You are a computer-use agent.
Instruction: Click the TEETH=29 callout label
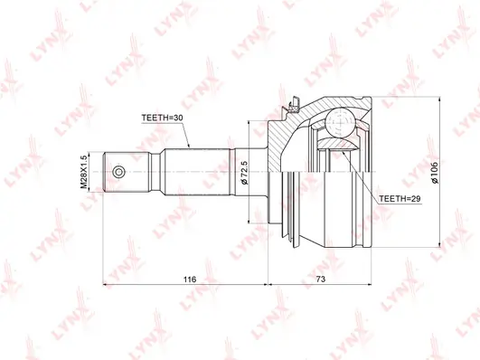click(x=400, y=199)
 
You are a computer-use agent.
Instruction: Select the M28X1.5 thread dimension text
click(x=83, y=172)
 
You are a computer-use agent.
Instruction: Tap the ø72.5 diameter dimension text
click(x=244, y=172)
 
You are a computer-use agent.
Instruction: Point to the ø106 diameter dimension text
click(x=435, y=172)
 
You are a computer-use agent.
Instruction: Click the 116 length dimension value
click(x=190, y=279)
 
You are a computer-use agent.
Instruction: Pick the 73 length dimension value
click(x=321, y=279)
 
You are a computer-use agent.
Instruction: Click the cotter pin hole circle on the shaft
click(x=118, y=172)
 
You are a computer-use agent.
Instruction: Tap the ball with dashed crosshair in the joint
click(x=340, y=123)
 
